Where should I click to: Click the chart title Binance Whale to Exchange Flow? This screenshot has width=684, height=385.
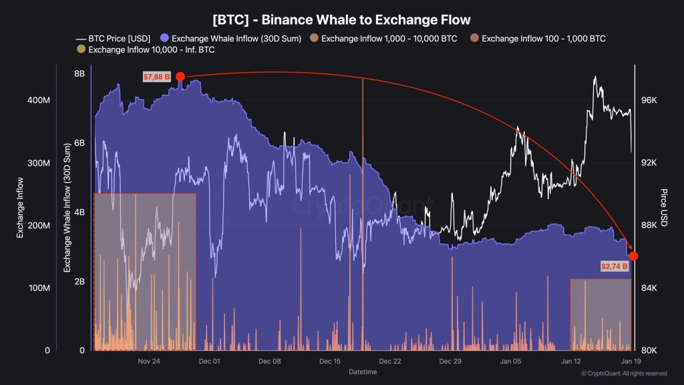point(341,20)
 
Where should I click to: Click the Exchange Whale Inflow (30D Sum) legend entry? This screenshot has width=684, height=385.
point(237,38)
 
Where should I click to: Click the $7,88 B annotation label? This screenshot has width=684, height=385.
point(157,77)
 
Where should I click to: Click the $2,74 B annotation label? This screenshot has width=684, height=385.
point(615,266)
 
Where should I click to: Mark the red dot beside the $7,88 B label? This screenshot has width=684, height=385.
point(180,77)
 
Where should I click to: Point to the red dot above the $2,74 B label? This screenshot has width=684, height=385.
point(633,256)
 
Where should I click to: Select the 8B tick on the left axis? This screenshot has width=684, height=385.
point(79,74)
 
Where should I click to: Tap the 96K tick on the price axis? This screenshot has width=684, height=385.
point(650,100)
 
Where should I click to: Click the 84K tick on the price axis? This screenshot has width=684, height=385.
point(650,288)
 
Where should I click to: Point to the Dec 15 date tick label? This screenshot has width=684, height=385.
point(330,362)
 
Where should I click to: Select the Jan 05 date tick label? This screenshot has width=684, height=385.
point(512,362)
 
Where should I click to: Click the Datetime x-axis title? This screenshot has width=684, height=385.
point(363,372)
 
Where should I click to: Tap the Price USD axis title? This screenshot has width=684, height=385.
point(665,207)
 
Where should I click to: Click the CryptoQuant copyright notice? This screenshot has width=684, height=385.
point(623,374)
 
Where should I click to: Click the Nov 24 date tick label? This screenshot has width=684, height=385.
point(149,362)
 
